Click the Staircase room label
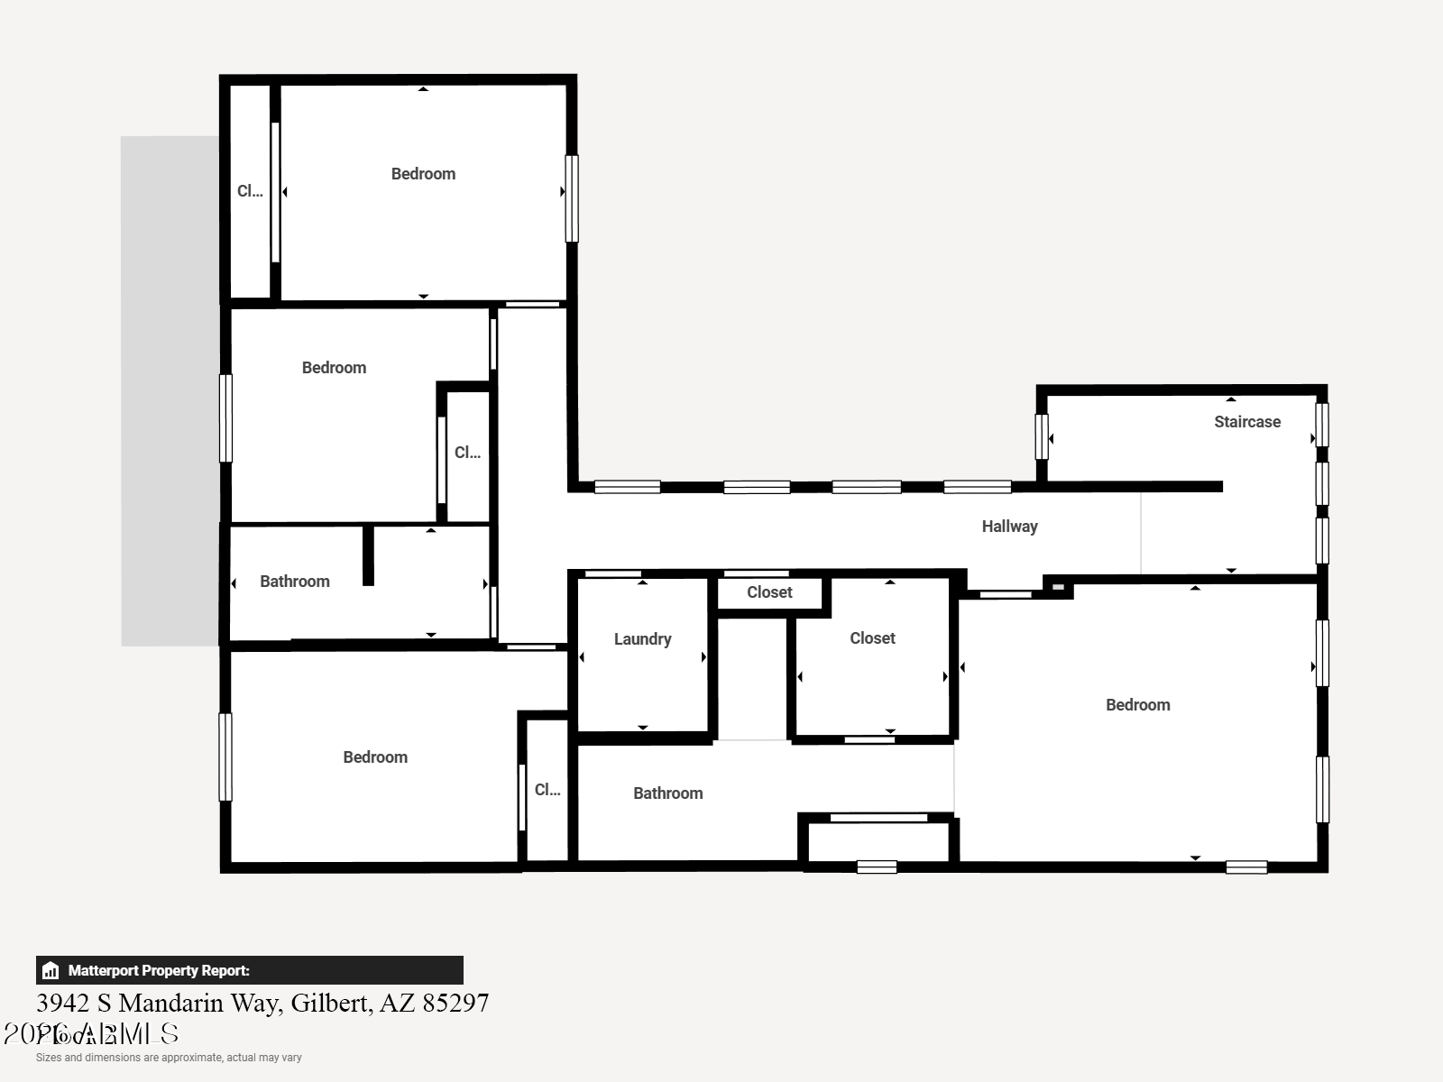pos(1246,422)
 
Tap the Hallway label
pos(1009,527)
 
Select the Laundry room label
pos(642,639)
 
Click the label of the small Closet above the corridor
pos(769,592)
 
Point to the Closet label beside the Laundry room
pos(872,638)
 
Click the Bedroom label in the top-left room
pos(423,174)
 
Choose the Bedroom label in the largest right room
pos(1137,705)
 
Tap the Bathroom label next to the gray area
pos(294,582)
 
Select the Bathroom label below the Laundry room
pos(667,793)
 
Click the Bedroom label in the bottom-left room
pos(374,757)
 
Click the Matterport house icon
pos(51,971)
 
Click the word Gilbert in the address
pos(331,1003)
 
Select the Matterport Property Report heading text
pos(159,971)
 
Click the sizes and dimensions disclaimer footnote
pos(169,1058)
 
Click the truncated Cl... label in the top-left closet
pos(250,191)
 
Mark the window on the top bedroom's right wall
pos(571,198)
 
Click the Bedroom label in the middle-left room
pos(334,368)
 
